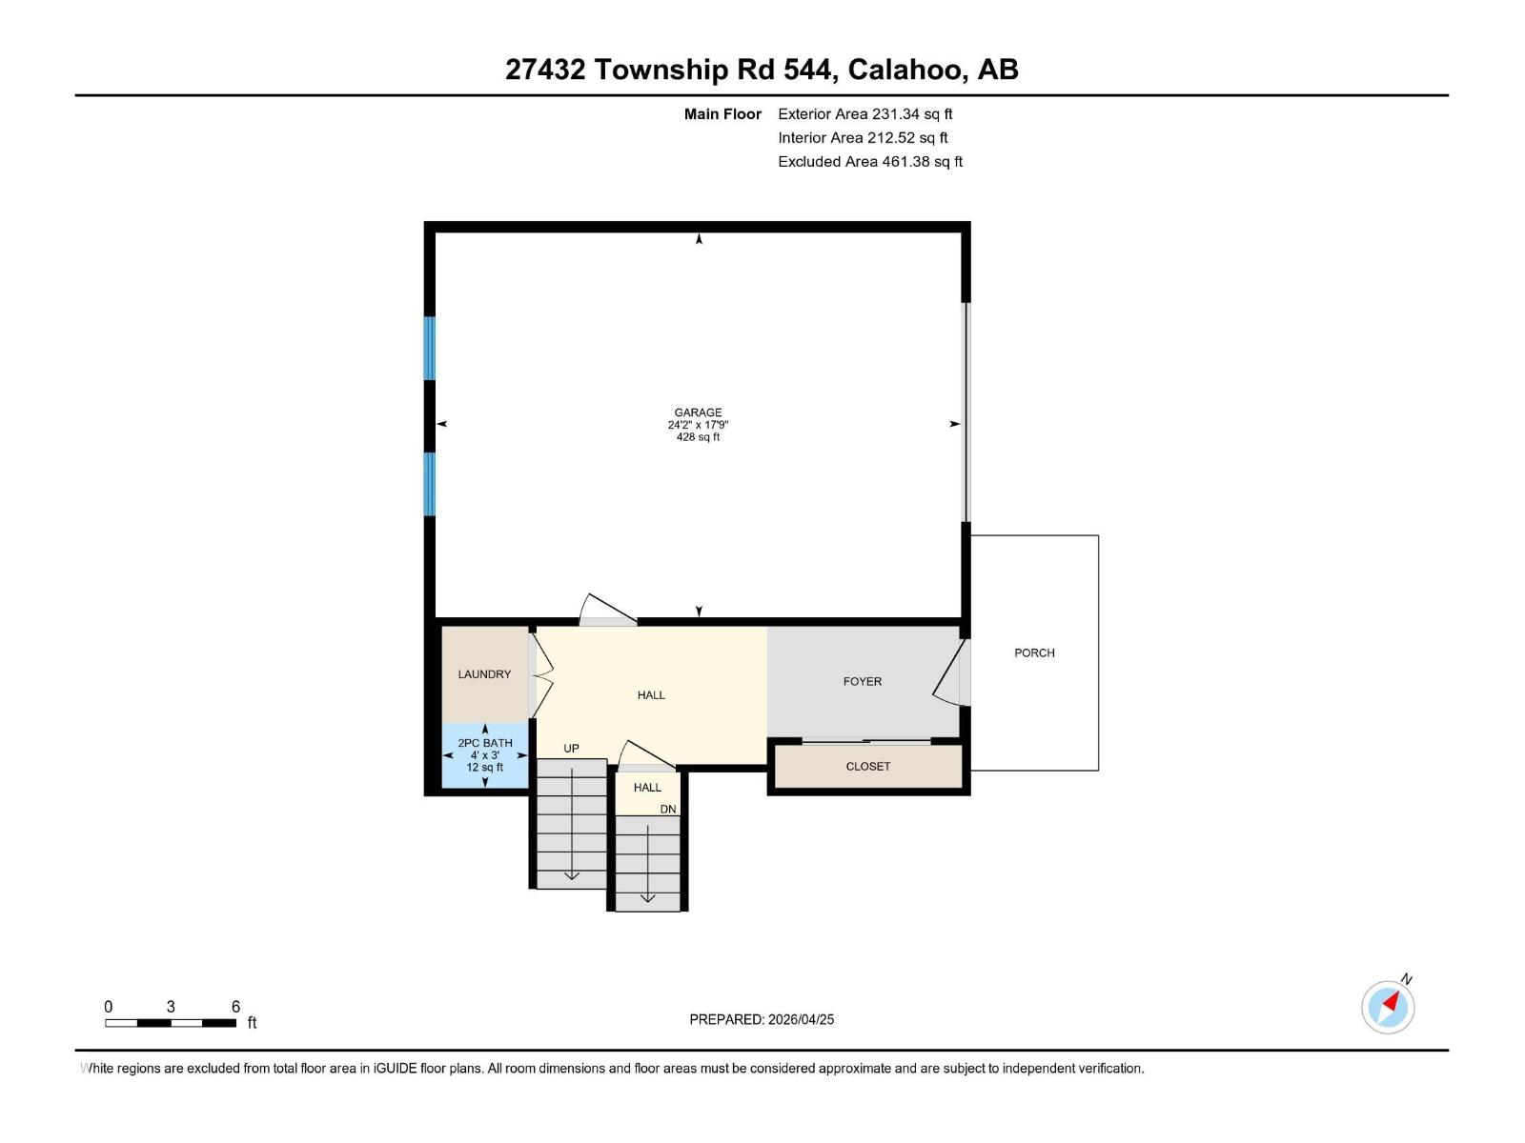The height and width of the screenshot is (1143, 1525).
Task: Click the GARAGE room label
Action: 698,412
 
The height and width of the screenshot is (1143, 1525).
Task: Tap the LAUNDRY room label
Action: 484,674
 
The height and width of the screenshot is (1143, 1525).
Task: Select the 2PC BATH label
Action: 484,743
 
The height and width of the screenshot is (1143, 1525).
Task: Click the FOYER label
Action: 862,681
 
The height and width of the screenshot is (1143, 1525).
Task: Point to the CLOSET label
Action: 867,766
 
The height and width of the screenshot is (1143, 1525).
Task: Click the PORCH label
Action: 1034,652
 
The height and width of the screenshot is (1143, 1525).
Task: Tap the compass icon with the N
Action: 1388,1006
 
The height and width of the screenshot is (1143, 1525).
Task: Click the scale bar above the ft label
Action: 171,1023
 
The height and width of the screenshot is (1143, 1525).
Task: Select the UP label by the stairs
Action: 571,748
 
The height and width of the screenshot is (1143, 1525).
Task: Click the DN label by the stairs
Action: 668,809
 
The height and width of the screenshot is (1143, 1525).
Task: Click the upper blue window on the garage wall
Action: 430,348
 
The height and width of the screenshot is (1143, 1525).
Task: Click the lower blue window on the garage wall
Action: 430,484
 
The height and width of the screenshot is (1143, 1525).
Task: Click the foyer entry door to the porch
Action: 949,673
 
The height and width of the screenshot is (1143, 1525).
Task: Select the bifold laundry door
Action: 540,674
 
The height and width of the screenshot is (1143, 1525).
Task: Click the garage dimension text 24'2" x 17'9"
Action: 698,425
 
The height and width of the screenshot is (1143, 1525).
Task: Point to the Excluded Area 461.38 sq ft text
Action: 869,161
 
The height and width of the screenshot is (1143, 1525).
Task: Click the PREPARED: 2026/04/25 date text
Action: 762,1019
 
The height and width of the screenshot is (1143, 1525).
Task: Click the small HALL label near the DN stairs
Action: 647,788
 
